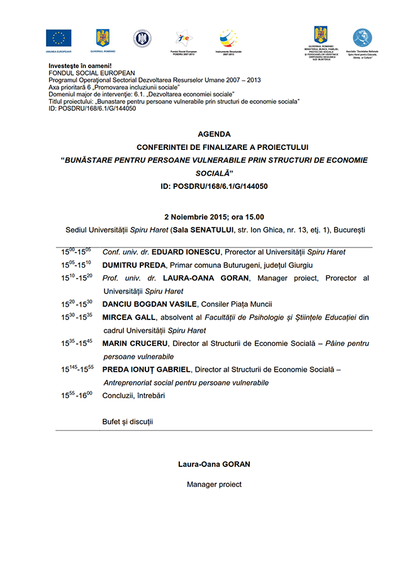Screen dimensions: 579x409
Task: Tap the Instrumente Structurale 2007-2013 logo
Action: [x=228, y=39]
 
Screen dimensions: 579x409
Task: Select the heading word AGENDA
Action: [x=214, y=134]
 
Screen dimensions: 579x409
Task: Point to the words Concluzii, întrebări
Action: [x=135, y=396]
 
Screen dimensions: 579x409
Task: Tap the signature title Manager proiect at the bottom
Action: [x=214, y=484]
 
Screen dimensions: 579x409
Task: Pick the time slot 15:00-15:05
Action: [x=76, y=251]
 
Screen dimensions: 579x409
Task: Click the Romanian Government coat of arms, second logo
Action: [x=102, y=38]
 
